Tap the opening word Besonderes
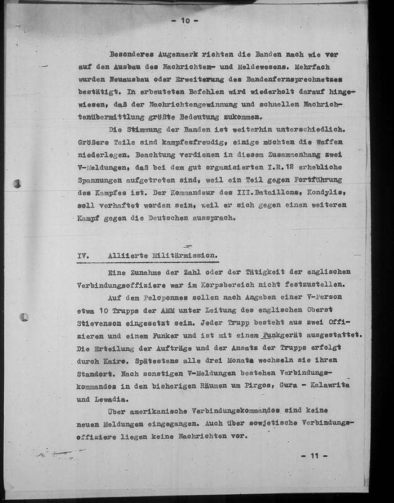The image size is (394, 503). (134, 54)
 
